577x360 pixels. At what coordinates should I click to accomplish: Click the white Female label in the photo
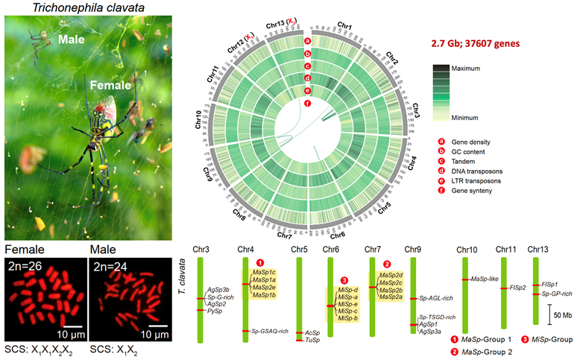tap(110, 86)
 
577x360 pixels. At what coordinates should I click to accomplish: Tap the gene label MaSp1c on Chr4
tap(264, 273)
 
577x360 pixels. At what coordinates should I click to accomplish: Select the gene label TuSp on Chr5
tap(312, 340)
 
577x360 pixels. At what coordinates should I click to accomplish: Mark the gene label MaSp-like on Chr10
tap(483, 280)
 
